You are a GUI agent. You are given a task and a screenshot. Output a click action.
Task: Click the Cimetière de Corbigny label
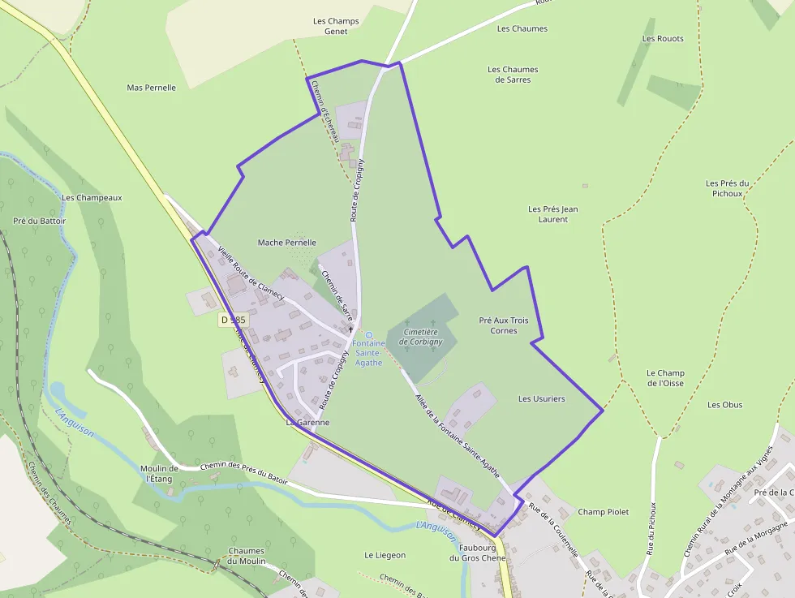422,337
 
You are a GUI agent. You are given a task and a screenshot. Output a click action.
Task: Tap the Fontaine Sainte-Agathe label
368,353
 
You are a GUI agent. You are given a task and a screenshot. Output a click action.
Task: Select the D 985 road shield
234,321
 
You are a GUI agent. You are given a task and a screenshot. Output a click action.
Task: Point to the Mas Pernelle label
152,88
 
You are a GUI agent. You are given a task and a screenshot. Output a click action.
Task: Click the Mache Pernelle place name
286,243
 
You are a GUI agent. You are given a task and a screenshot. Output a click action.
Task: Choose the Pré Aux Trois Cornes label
504,325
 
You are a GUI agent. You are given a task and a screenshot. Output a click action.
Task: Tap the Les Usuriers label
542,399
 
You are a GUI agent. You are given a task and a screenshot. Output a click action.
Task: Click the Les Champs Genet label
336,26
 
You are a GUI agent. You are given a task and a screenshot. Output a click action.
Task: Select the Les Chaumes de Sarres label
513,75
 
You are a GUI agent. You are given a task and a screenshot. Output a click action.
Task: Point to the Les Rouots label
663,39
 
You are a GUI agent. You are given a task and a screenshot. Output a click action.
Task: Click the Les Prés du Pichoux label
728,188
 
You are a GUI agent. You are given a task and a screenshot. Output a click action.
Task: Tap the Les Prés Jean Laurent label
553,214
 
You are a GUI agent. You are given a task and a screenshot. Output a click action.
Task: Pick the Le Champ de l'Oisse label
665,378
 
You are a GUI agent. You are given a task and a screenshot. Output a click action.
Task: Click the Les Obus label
725,405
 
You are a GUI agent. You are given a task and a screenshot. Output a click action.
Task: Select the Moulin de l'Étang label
159,473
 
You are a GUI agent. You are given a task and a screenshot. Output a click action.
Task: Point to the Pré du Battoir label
40,221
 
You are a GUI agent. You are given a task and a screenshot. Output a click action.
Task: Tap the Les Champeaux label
92,197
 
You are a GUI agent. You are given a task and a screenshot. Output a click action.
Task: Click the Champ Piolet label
603,512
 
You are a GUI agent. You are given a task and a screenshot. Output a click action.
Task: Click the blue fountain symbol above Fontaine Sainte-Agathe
369,335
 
